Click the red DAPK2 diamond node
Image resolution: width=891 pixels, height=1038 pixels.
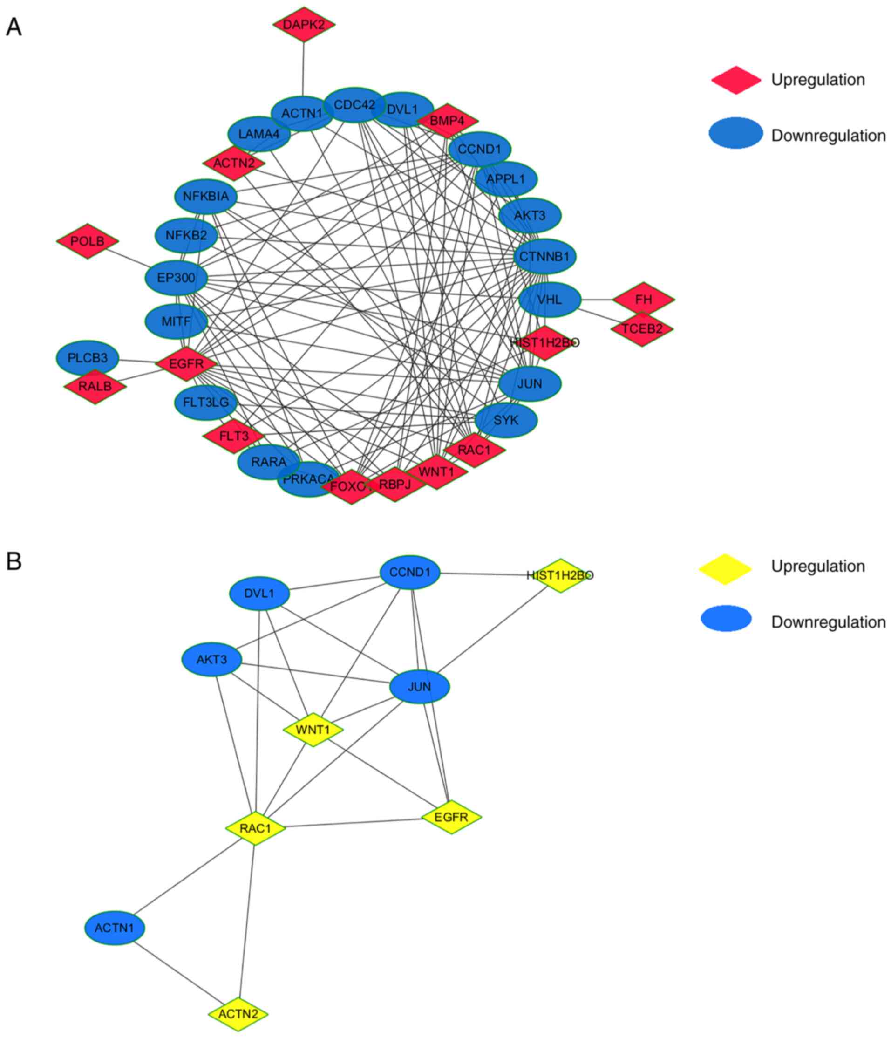tap(304, 25)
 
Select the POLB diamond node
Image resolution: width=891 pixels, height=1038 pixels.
tap(87, 241)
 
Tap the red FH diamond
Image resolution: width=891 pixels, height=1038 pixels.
tap(643, 300)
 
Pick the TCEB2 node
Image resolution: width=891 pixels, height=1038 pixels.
tap(641, 329)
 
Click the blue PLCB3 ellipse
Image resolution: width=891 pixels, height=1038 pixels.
tap(87, 358)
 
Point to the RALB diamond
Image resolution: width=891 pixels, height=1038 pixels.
tap(95, 386)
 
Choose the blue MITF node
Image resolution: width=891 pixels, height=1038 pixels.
tap(176, 321)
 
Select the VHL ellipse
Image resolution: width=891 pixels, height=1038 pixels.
tap(550, 300)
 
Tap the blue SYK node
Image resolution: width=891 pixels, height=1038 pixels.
tap(506, 420)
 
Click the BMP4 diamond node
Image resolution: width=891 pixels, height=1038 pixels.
tap(447, 121)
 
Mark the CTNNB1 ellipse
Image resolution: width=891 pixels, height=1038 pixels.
tap(544, 257)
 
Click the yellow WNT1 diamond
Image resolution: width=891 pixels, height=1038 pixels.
tap(313, 730)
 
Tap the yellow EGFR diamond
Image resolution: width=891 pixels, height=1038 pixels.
tap(451, 818)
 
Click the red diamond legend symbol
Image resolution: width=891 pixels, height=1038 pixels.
tap(736, 80)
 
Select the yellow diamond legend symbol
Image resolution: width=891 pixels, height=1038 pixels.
tap(725, 567)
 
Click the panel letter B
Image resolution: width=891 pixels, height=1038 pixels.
tap(14, 561)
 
